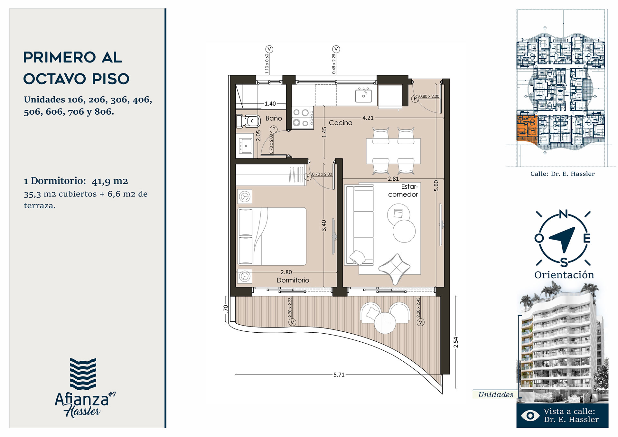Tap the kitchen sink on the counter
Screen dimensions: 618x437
pos(363,95)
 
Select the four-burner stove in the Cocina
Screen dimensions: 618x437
pos(303,118)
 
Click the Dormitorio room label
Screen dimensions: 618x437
pos(293,280)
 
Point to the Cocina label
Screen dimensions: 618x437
pos(341,123)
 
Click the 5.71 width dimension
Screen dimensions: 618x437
pos(339,375)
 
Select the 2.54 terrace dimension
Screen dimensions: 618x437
pos(455,342)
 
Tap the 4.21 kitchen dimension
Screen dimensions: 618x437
pos(368,118)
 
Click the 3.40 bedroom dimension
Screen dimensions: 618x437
pos(324,225)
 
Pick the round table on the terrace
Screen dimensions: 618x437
pos(385,323)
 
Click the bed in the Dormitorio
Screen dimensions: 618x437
pos(272,236)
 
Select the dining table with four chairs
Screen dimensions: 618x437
pos(393,151)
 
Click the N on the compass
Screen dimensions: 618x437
pos(563,214)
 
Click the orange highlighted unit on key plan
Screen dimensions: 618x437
pos(526,128)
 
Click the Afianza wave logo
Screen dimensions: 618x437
pos(83,374)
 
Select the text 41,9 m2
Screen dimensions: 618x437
pos(110,181)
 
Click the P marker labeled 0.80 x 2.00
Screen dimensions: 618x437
pos(415,98)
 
